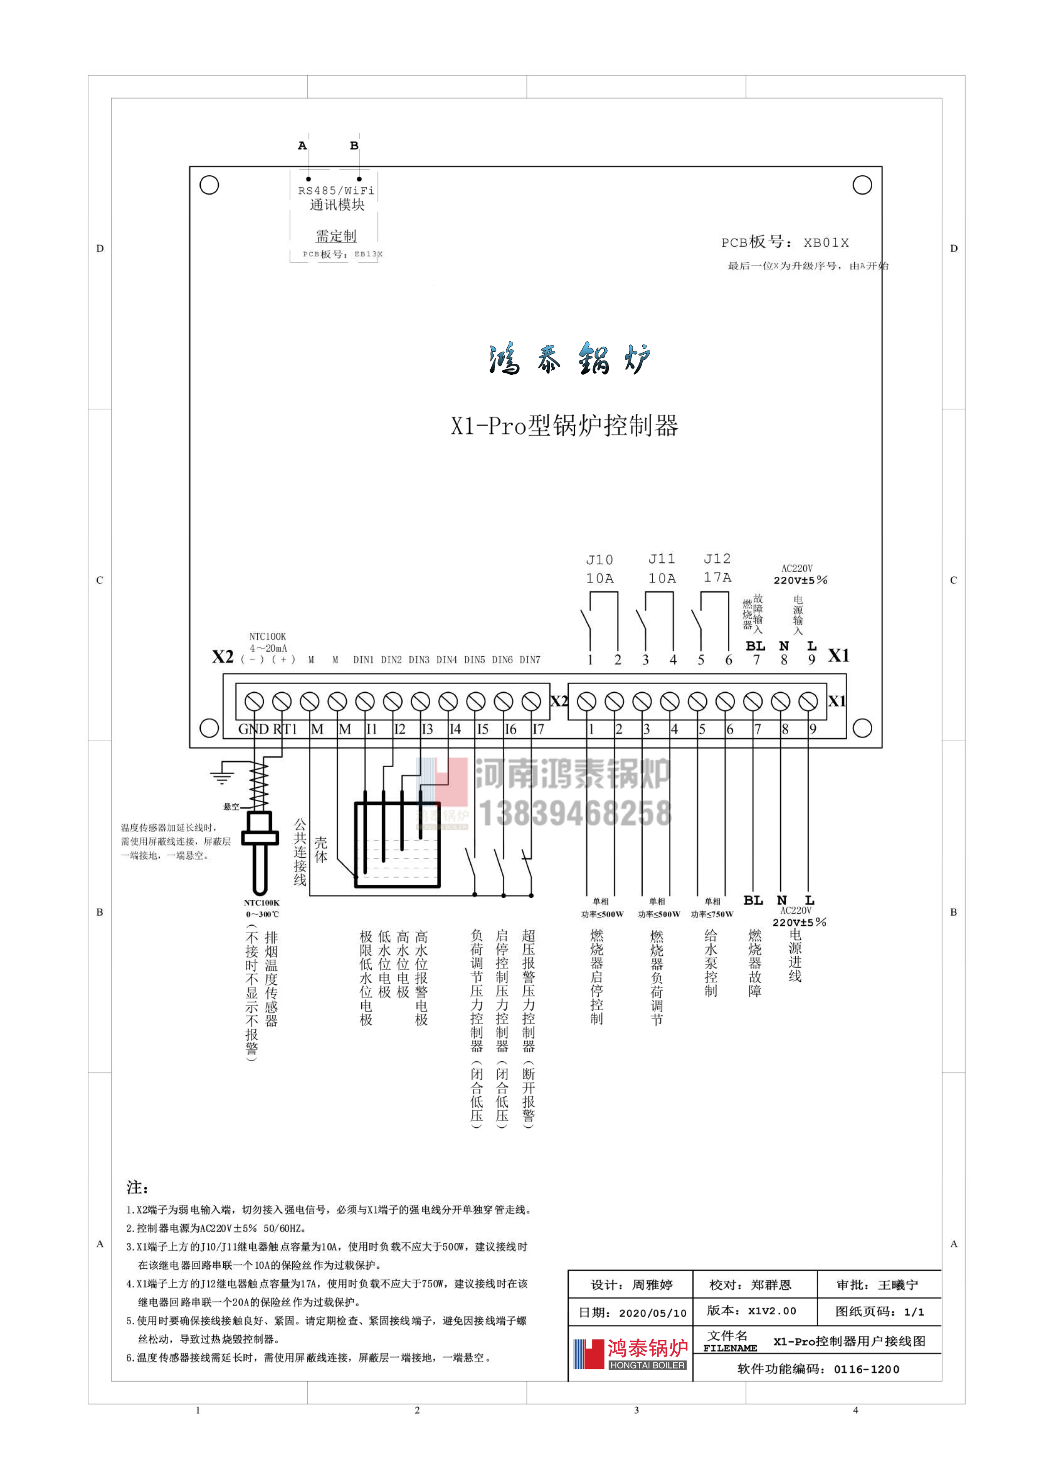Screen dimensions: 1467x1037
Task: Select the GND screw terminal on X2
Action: tap(254, 701)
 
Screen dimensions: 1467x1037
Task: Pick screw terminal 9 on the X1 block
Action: tap(808, 701)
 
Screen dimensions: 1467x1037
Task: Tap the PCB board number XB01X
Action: tap(785, 242)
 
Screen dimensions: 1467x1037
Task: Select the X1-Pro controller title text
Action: tap(564, 425)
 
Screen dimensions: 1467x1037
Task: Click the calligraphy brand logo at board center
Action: tap(569, 358)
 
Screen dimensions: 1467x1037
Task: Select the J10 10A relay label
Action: tap(600, 568)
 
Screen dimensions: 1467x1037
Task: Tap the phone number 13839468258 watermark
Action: tap(575, 813)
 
